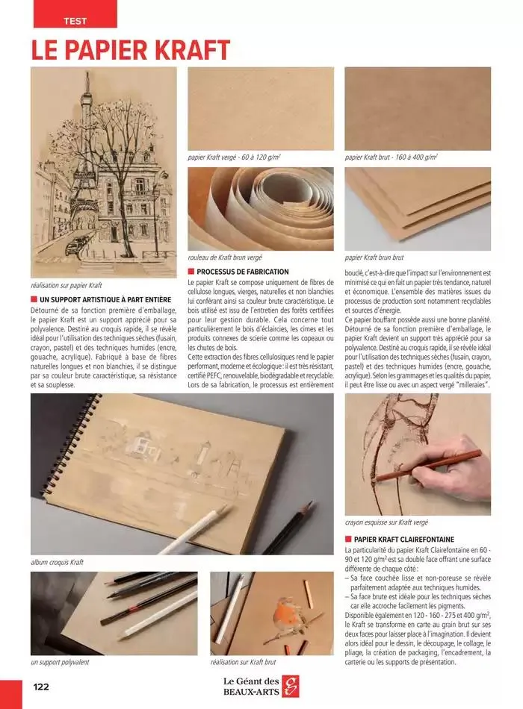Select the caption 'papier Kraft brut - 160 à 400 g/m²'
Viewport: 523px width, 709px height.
[392, 158]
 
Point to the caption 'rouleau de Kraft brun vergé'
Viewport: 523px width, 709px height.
[225, 257]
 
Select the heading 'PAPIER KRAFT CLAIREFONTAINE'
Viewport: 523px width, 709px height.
[403, 539]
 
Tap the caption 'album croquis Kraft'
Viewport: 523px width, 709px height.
[57, 562]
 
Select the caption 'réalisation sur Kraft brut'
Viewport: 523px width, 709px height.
[243, 662]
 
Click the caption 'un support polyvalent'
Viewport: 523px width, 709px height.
[60, 662]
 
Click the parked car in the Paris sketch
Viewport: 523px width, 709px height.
[75, 245]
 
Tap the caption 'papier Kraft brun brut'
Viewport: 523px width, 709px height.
[374, 257]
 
